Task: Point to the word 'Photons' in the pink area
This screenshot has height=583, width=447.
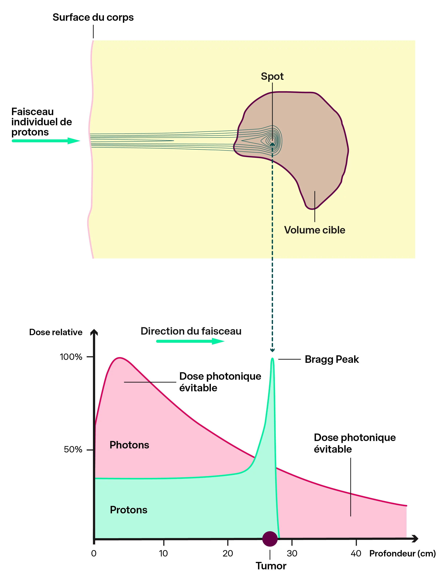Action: click(129, 445)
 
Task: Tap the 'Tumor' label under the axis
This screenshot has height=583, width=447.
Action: click(271, 566)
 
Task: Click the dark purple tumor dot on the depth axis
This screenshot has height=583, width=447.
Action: click(270, 539)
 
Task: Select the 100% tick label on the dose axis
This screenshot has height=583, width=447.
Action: click(71, 357)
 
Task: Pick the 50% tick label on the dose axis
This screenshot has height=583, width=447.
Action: click(73, 450)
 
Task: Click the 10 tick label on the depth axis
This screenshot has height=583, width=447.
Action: click(163, 553)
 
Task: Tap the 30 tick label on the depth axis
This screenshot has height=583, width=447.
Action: click(292, 553)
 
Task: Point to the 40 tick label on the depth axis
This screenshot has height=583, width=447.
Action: click(356, 553)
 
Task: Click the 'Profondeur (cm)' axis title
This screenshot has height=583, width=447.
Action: click(402, 553)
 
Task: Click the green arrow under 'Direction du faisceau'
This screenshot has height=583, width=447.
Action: click(190, 341)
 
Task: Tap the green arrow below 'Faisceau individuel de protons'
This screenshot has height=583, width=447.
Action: click(45, 141)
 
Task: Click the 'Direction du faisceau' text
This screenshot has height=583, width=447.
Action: click(191, 331)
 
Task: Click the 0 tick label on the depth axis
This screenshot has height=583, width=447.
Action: click(94, 553)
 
